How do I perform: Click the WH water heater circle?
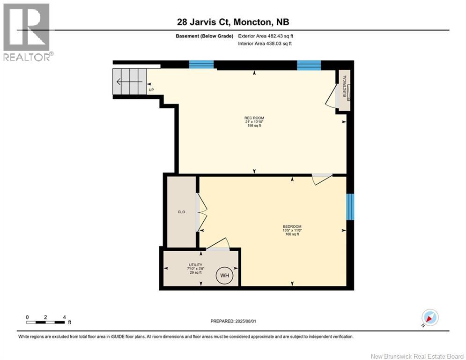(224, 276)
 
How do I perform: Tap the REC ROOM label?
(254, 118)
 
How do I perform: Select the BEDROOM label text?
(292, 226)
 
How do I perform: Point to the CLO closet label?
(181, 212)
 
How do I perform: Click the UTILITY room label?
(196, 265)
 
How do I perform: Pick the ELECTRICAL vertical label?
(345, 86)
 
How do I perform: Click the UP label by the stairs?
(151, 90)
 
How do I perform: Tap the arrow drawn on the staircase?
(129, 81)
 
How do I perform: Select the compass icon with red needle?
(430, 317)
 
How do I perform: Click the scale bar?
(45, 322)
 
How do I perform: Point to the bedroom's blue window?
(350, 207)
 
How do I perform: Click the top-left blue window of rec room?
(201, 65)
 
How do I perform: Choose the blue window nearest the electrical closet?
(309, 65)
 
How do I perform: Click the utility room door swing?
(218, 244)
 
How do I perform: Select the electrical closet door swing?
(331, 95)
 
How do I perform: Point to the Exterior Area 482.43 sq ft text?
(266, 36)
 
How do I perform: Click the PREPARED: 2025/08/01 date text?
(233, 321)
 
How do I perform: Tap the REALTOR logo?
(27, 32)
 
